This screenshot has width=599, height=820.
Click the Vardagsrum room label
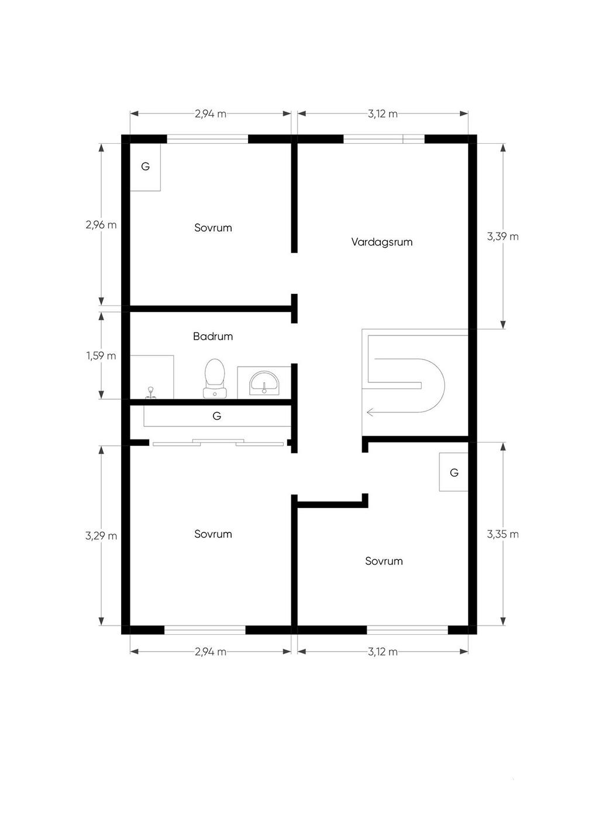[x=382, y=242]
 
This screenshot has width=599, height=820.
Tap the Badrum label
[x=213, y=337]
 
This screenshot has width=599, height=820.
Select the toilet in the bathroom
[x=215, y=379]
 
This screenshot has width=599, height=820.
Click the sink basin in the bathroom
[x=264, y=383]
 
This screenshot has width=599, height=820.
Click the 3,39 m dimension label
[x=502, y=237]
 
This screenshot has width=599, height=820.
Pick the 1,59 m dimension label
[x=101, y=355]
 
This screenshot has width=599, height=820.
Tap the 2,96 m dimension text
[x=101, y=225]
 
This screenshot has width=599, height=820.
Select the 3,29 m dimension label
[x=101, y=537]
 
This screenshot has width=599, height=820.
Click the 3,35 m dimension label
[x=502, y=534]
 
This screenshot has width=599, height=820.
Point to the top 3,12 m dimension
[x=383, y=114]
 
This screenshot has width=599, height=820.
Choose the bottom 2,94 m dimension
[x=210, y=652]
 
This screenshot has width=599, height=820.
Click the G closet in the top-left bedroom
[x=146, y=167]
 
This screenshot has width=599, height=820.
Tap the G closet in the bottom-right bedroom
[x=454, y=472]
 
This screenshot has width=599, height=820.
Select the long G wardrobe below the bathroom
[x=217, y=416]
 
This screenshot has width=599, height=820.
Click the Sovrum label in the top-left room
[x=213, y=228]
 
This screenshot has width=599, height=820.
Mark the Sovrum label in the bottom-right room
[x=384, y=561]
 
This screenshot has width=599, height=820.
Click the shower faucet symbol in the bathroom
[x=150, y=393]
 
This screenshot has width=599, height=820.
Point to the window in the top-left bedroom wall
[x=207, y=139]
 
